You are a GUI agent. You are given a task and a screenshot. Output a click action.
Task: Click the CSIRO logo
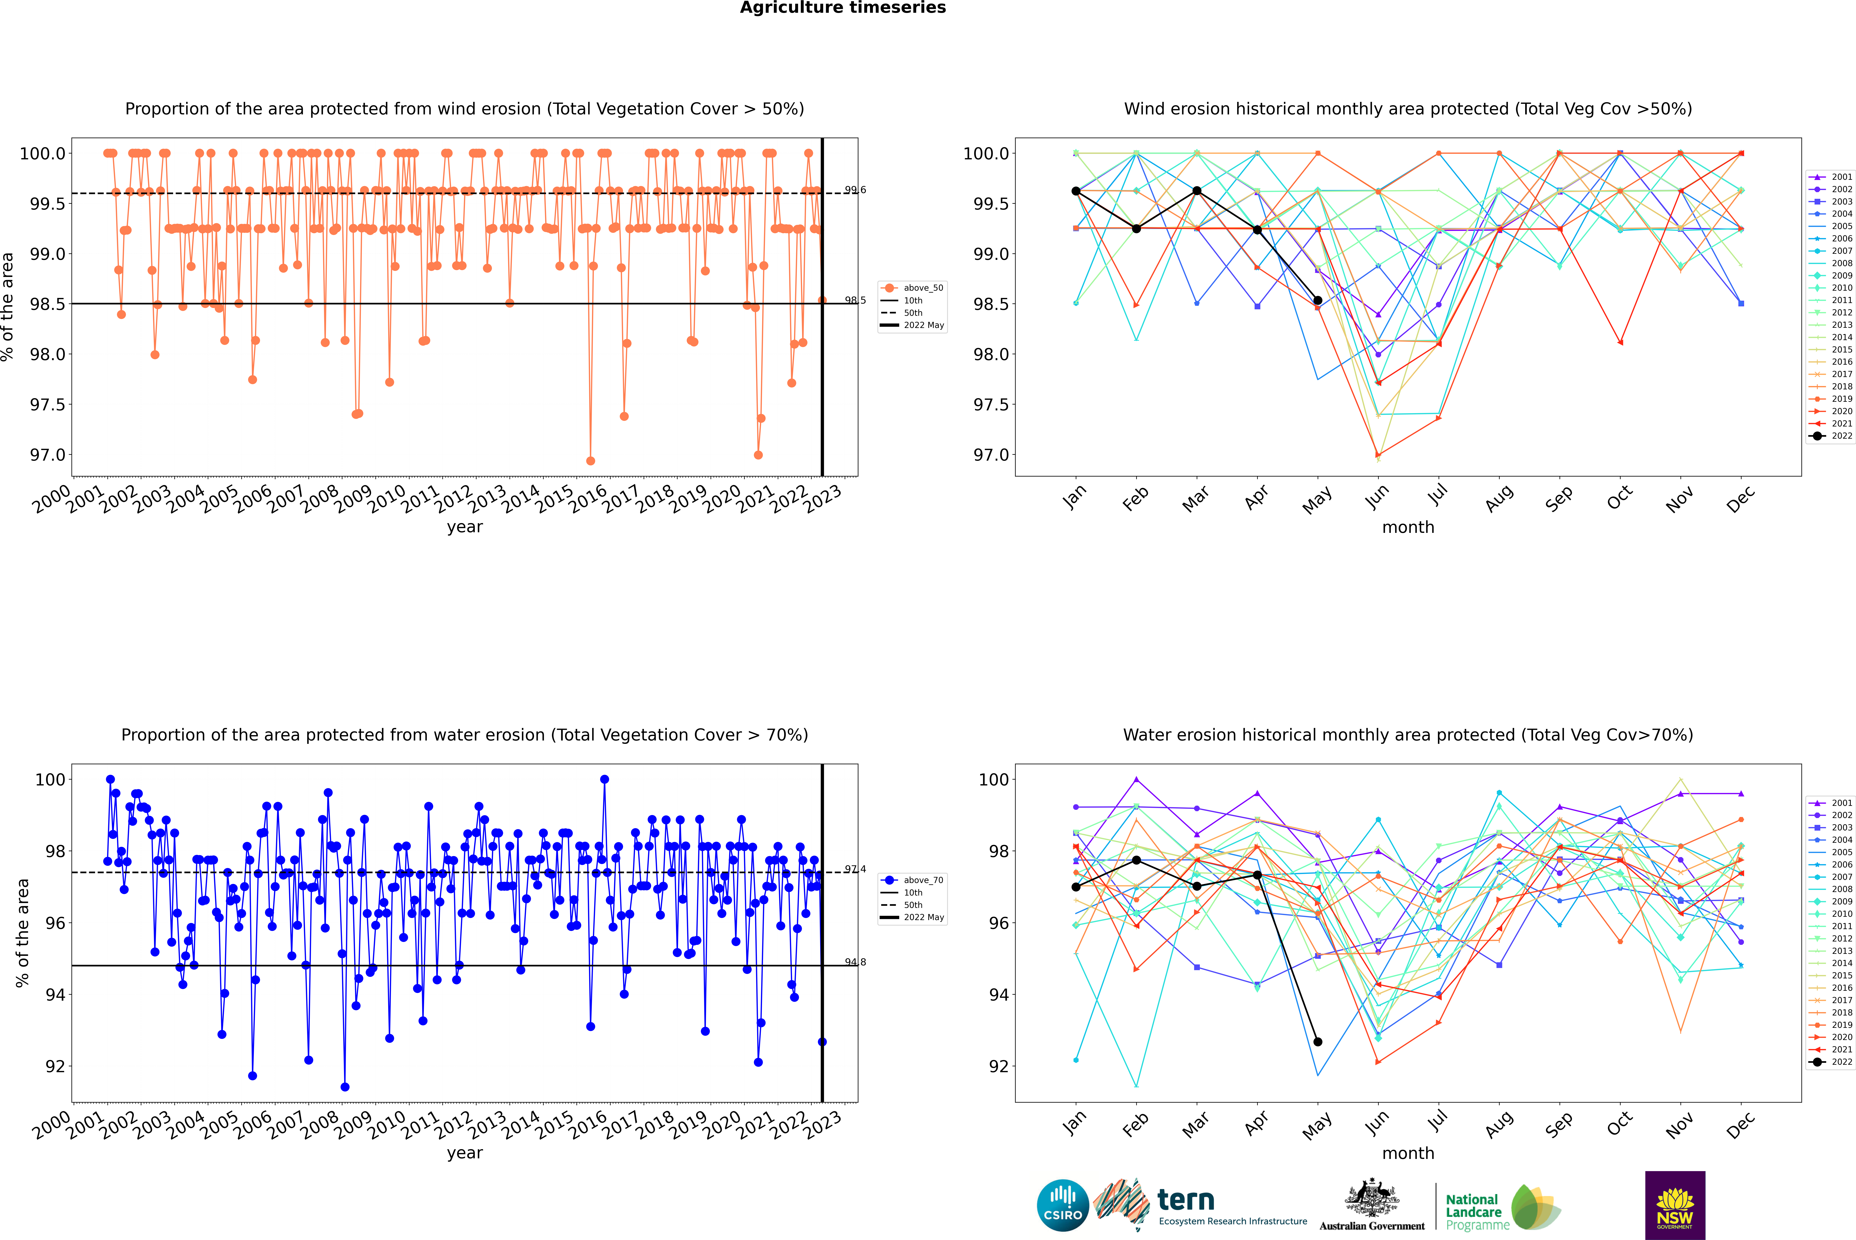[1063, 1205]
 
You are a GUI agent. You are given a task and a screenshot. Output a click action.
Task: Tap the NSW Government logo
[1675, 1205]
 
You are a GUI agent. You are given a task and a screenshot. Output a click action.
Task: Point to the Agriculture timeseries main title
[842, 8]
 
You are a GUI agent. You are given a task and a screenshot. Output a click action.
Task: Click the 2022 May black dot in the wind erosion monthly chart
[1317, 300]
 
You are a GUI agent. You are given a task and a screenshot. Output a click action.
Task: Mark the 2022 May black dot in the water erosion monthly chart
[1317, 1042]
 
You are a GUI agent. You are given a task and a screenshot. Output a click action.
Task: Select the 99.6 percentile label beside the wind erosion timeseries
[855, 190]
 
